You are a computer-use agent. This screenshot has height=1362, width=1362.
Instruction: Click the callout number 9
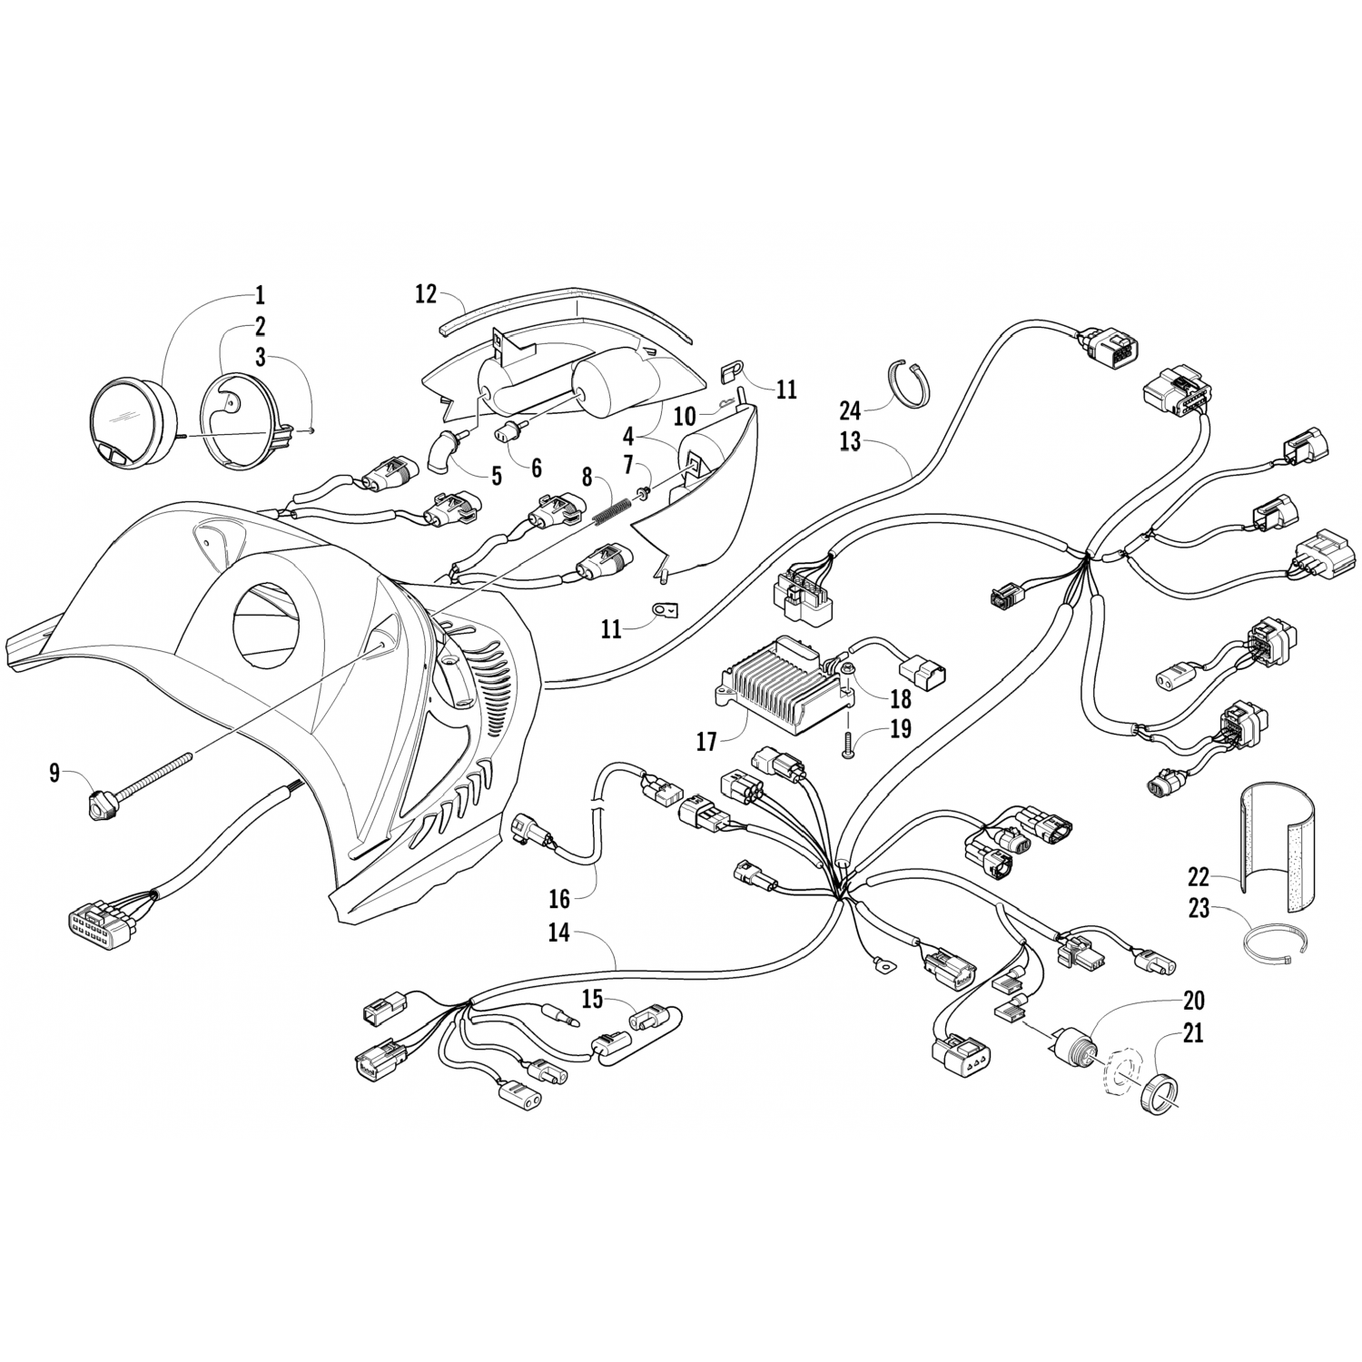(54, 773)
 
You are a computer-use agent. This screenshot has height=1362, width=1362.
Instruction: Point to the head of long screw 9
(98, 804)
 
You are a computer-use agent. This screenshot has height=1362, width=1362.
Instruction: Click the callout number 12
(426, 294)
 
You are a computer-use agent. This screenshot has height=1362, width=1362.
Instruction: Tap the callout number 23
(1199, 906)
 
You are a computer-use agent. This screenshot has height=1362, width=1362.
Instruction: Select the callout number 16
(559, 899)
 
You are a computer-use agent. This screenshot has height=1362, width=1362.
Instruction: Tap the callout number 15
(592, 1000)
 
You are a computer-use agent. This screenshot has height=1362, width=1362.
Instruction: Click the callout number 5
(496, 476)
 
